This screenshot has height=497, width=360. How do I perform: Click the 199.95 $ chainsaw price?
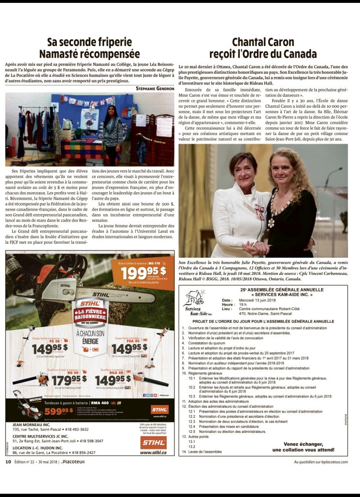coord(143,273)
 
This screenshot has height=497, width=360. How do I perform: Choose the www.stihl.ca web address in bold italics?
coord(153,452)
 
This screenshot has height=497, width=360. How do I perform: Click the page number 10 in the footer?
coord(8,462)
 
